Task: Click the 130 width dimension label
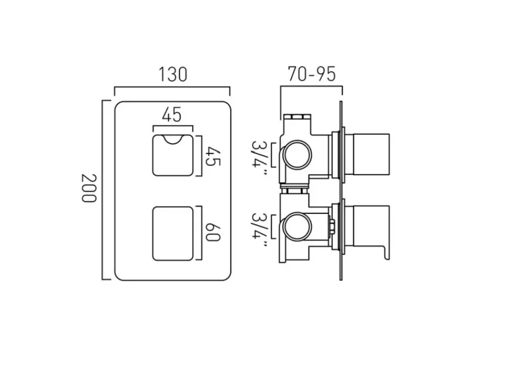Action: click(x=172, y=74)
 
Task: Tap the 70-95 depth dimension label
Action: click(x=311, y=74)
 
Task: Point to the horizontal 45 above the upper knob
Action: click(x=172, y=115)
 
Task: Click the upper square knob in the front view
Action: click(x=173, y=156)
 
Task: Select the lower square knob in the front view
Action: click(x=173, y=233)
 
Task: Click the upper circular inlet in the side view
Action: click(x=297, y=155)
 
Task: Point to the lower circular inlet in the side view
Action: click(x=297, y=228)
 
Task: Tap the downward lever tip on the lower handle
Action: click(x=383, y=255)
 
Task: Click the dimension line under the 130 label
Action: click(x=172, y=88)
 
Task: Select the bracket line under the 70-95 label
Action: click(x=311, y=87)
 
